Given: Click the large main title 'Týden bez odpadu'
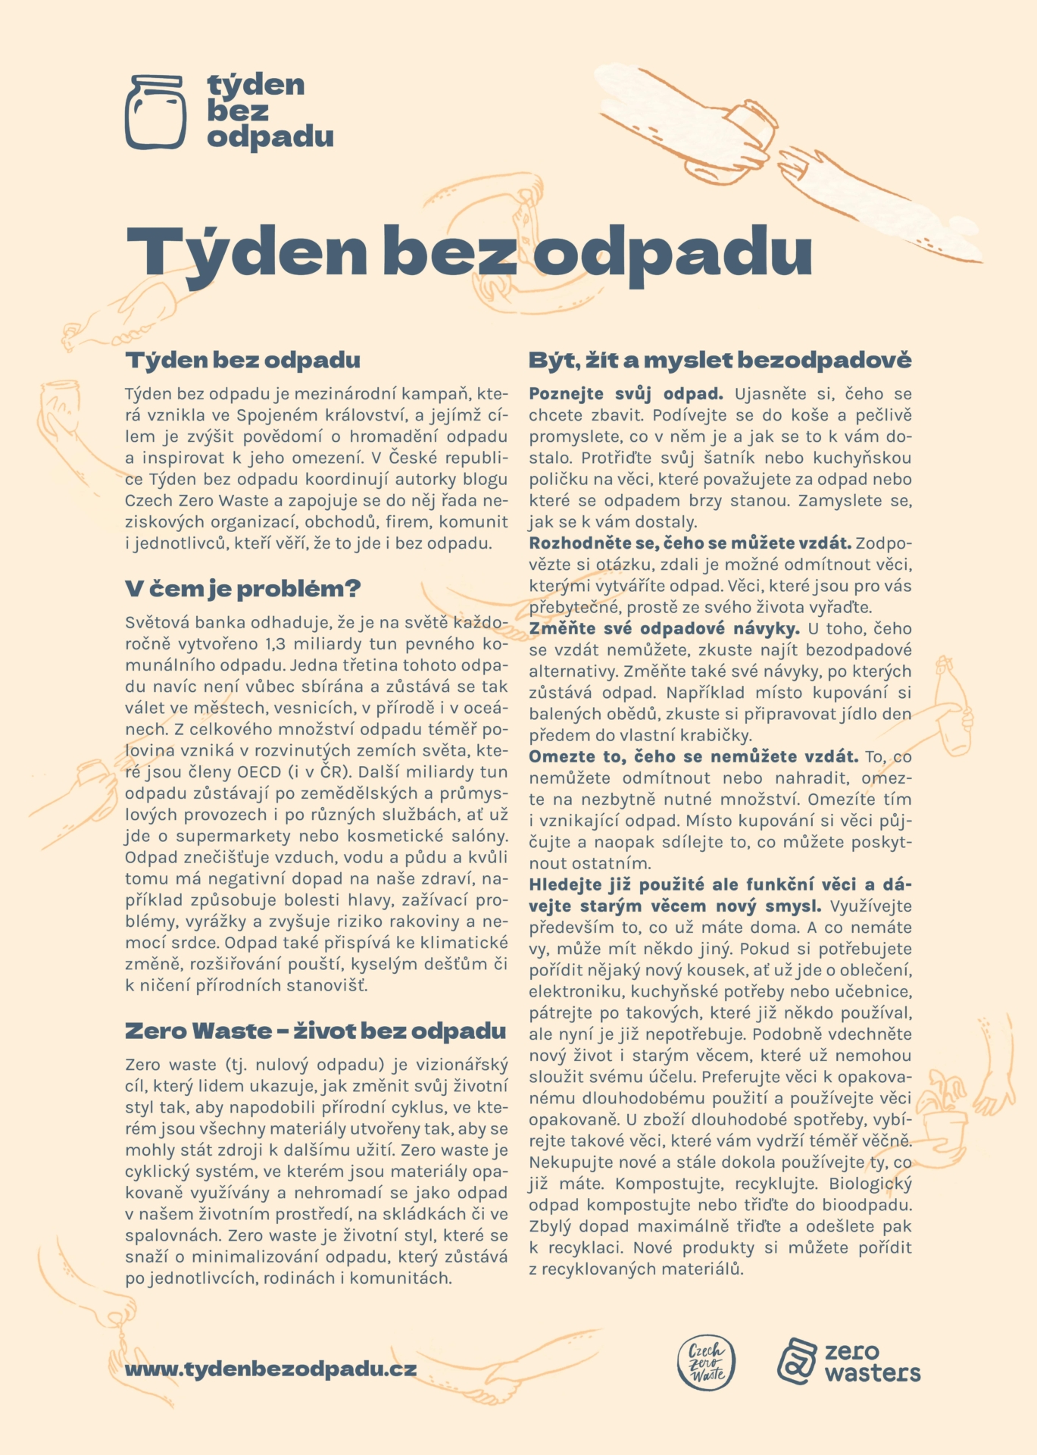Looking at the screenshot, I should (x=469, y=249).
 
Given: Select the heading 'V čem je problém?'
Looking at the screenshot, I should (x=242, y=589).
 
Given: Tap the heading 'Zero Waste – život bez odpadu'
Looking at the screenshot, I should (x=315, y=1031).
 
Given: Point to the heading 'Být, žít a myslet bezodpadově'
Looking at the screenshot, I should (x=720, y=360).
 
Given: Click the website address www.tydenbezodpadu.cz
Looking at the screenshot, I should (x=270, y=1369).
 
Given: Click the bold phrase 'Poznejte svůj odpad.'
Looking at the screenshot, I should (x=626, y=394).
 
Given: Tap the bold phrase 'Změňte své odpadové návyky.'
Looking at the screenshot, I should (x=664, y=628).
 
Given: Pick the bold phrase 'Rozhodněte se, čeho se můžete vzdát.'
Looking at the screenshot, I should (x=690, y=543).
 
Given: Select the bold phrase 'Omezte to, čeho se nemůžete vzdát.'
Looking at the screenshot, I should (x=693, y=756).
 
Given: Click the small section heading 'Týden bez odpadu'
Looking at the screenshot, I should (x=242, y=360).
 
